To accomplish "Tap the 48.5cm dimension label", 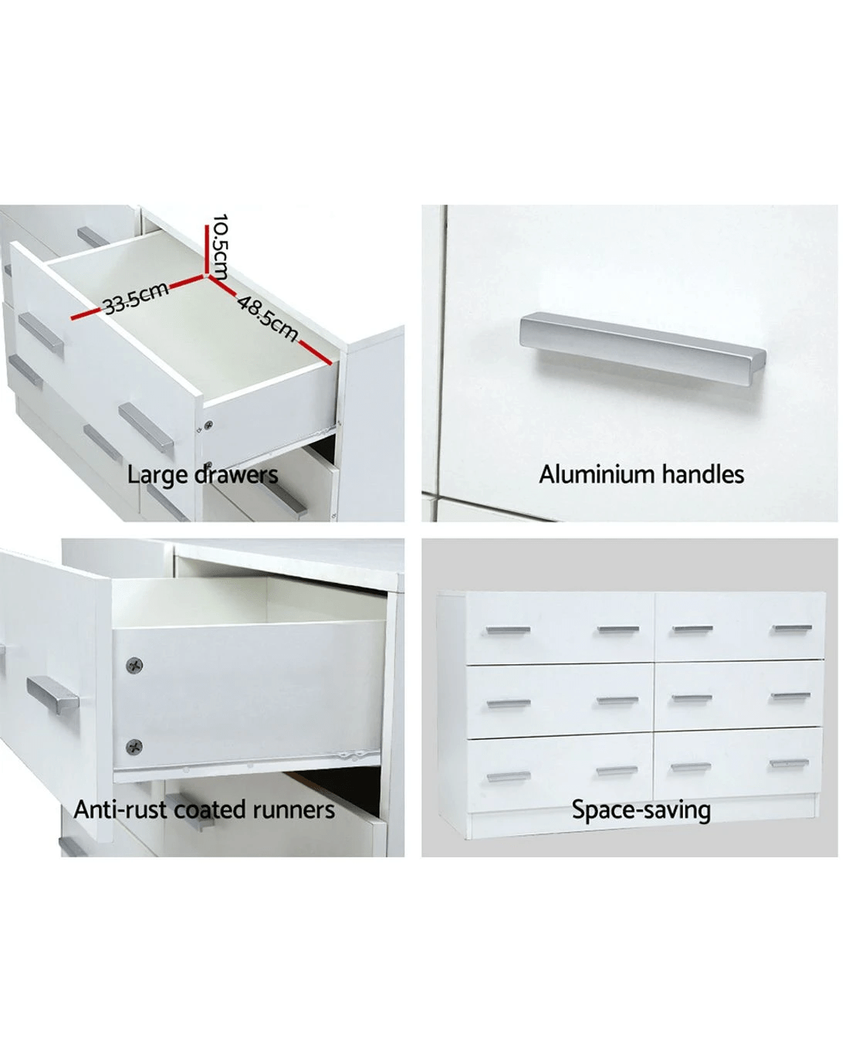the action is tap(269, 317).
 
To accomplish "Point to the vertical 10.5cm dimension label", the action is tap(219, 246).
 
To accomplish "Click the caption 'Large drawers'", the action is tap(202, 475).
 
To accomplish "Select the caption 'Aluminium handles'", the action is tap(641, 474).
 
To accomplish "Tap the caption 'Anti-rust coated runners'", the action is tap(204, 810).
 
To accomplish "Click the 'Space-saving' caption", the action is tap(641, 810).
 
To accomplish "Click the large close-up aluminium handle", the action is tap(642, 348).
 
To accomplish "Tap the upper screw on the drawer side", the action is tap(134, 665).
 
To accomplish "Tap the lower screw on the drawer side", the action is tap(134, 747).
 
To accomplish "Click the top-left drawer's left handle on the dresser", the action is tap(508, 630).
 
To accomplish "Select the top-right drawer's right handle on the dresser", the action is tap(793, 628).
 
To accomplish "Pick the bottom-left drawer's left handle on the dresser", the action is tap(509, 777).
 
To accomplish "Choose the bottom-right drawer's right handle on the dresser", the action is tap(790, 763).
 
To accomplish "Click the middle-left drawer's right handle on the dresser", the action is tap(617, 701).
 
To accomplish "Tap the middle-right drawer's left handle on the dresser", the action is tap(692, 698).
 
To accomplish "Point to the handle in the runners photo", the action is tap(52, 695).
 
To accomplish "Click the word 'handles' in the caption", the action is tap(702, 474).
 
